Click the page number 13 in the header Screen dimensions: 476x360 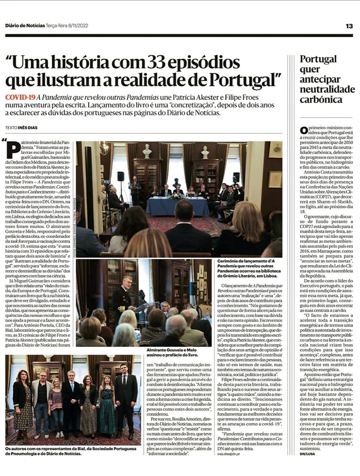(349, 26)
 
